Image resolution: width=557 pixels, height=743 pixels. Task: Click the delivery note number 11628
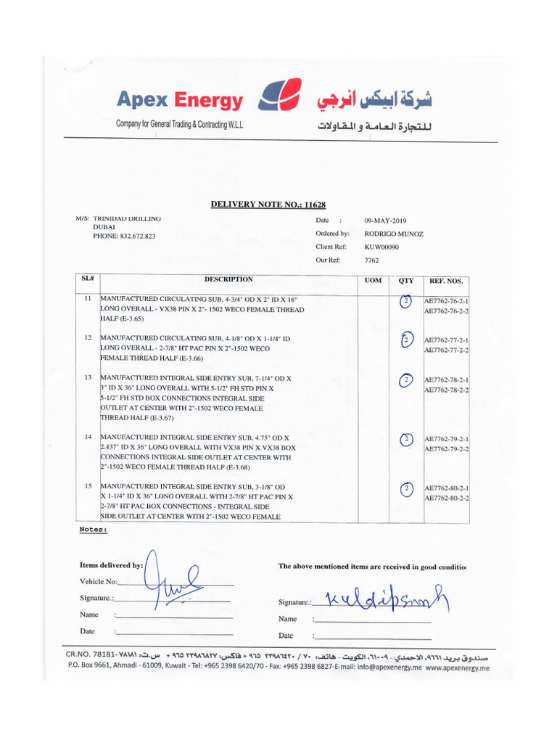pos(314,205)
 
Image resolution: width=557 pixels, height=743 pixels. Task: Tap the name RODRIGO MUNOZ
pos(395,234)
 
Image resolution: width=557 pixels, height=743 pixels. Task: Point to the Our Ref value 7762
pos(371,260)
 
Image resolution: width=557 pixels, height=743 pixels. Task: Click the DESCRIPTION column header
pos(228,279)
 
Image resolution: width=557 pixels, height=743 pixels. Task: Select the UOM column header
pos(372,280)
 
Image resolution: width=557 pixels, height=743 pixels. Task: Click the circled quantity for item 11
pos(406,301)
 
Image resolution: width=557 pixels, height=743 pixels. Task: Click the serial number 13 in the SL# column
pos(88,378)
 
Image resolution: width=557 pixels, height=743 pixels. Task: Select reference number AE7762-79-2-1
pos(446,440)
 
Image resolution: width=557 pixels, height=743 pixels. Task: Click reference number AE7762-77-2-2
pos(446,350)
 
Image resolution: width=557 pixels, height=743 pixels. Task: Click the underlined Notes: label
pos(94,530)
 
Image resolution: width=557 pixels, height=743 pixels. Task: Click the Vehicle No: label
pos(99,582)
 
